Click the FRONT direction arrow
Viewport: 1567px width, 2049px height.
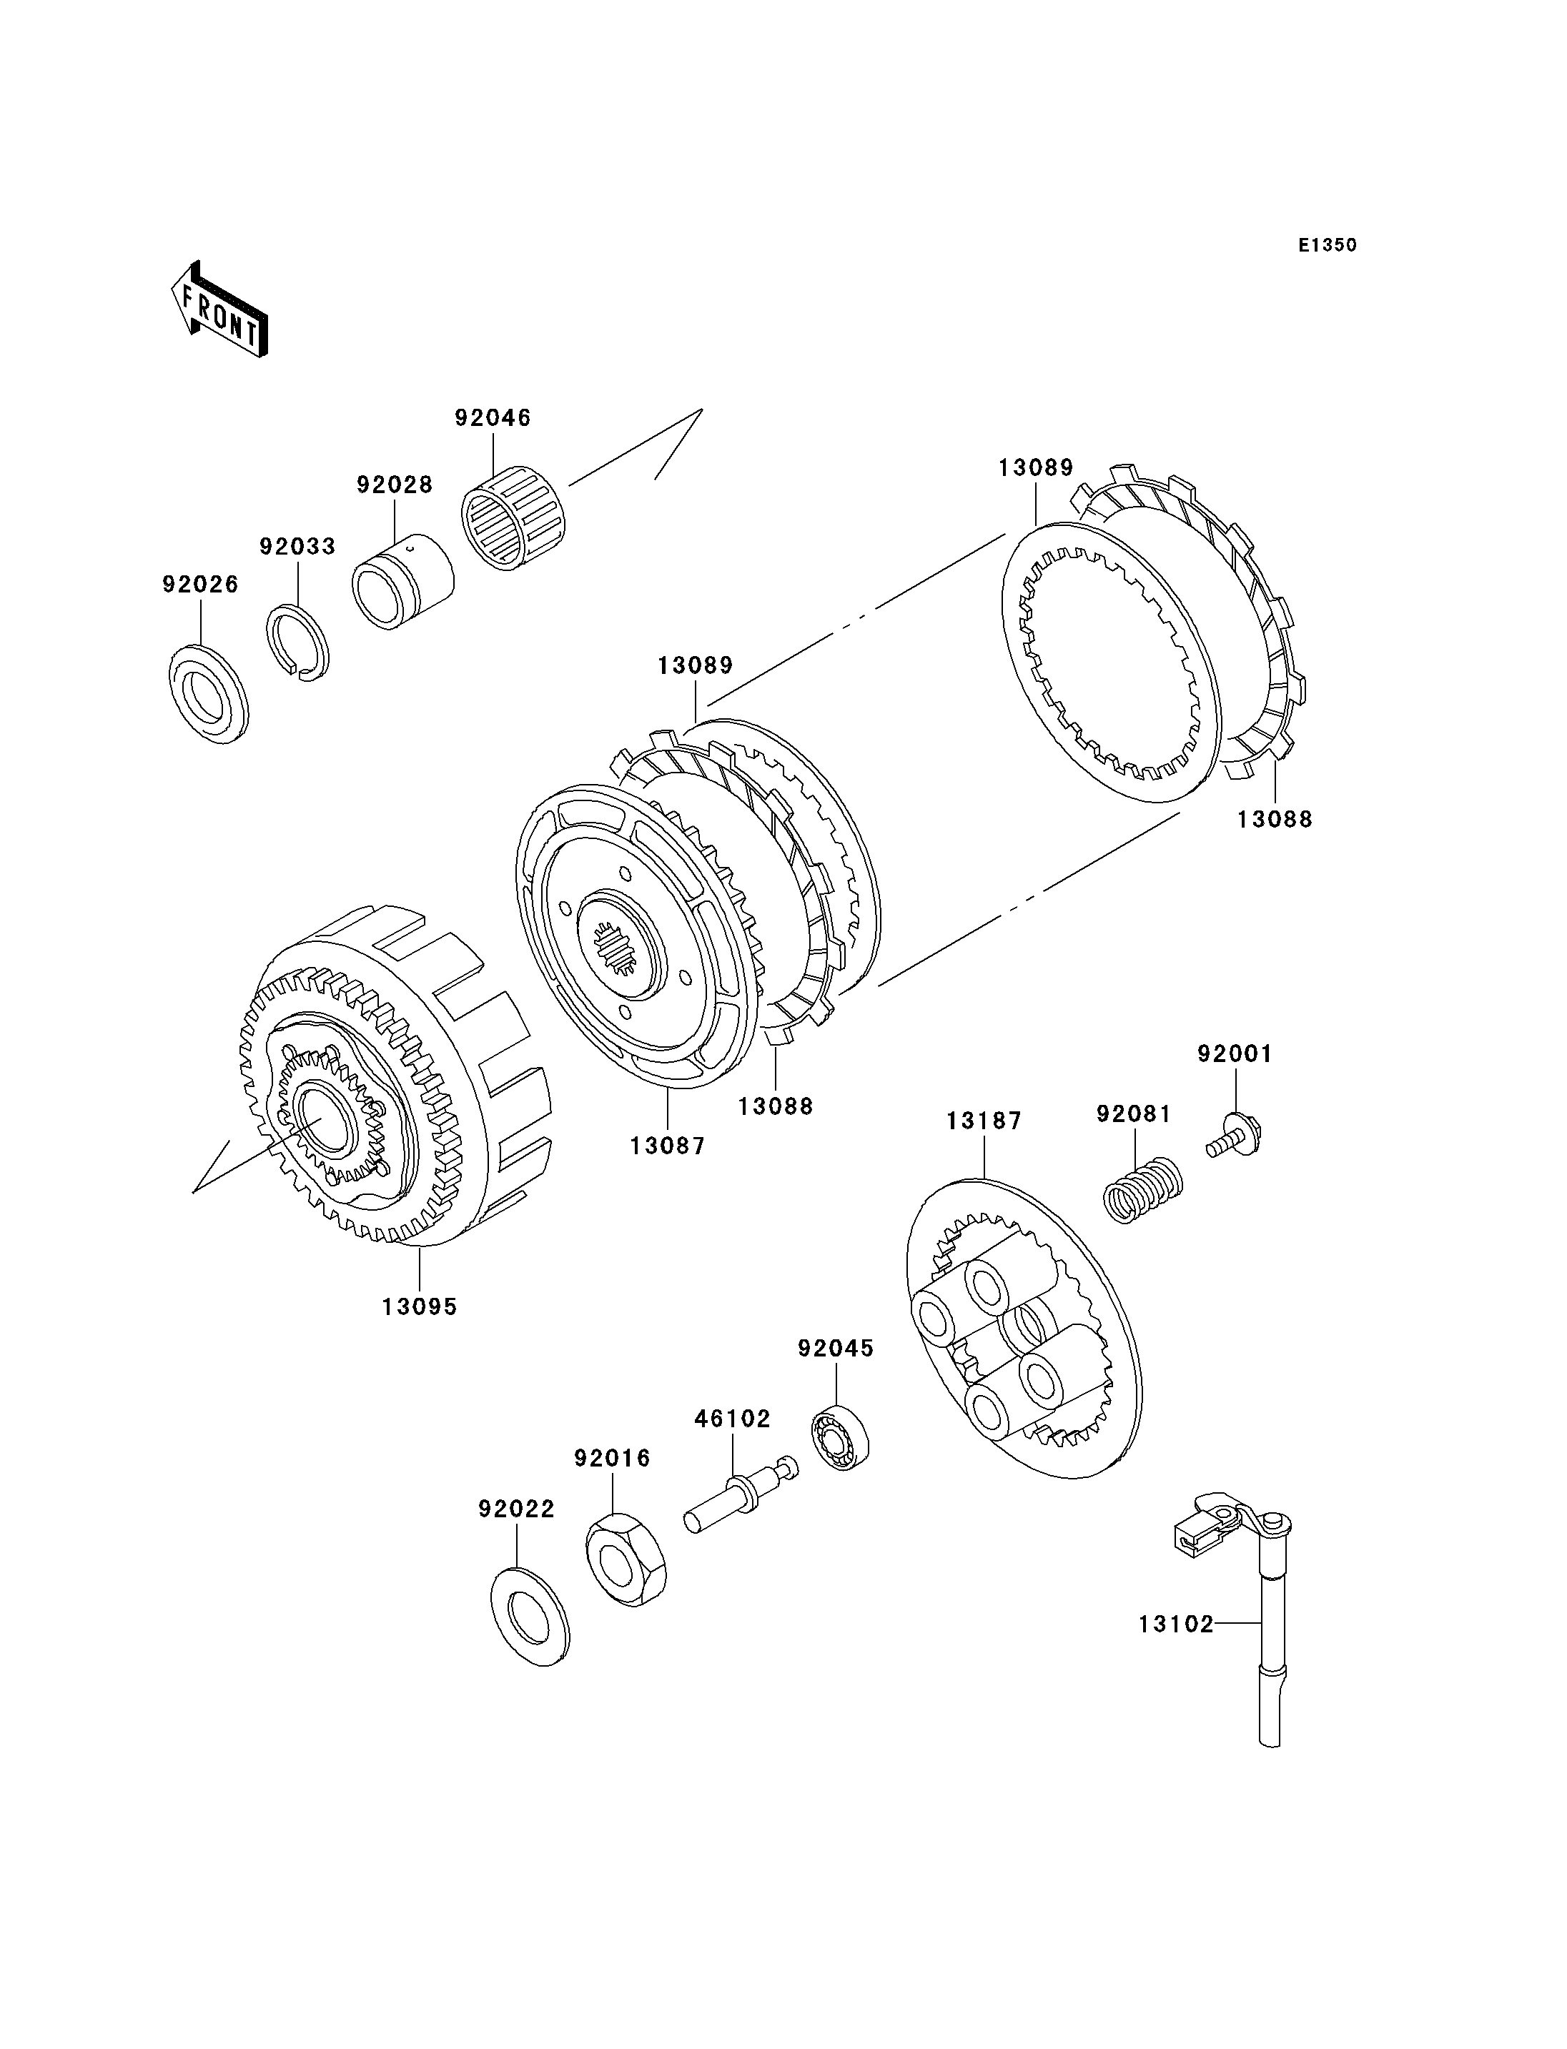tap(220, 309)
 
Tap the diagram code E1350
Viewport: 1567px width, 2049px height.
tap(1328, 245)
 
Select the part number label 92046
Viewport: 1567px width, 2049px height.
tap(493, 418)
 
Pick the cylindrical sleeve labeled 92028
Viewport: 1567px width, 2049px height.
tap(403, 580)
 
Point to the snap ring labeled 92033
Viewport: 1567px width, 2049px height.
tap(297, 643)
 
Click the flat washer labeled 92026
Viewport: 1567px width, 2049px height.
tap(209, 694)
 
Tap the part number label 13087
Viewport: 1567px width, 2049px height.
tap(668, 1146)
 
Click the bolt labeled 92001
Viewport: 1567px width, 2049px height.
tap(1234, 1137)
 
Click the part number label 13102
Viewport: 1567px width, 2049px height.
tap(1176, 1624)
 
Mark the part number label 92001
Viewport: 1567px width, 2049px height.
tap(1235, 1054)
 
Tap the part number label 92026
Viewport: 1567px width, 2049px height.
tap(201, 584)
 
